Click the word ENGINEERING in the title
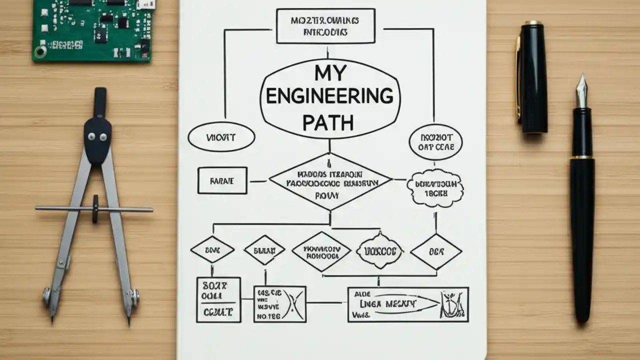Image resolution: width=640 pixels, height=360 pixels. [329, 96]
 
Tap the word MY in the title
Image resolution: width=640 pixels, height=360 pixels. [330, 73]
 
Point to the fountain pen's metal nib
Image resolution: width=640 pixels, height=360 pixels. [581, 91]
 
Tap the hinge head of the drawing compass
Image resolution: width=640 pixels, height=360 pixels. [98, 135]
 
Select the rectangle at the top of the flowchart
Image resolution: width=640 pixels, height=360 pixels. [325, 26]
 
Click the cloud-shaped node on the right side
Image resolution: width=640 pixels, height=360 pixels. [435, 188]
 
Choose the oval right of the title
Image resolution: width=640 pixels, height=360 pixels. [435, 142]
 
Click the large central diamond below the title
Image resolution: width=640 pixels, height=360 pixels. [330, 182]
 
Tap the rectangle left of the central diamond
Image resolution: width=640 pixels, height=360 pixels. [222, 180]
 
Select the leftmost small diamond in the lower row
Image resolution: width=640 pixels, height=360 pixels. [212, 249]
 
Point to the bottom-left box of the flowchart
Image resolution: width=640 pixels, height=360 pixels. [218, 299]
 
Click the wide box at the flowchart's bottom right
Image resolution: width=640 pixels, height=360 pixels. [407, 304]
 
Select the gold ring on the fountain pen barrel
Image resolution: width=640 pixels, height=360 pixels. [582, 157]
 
